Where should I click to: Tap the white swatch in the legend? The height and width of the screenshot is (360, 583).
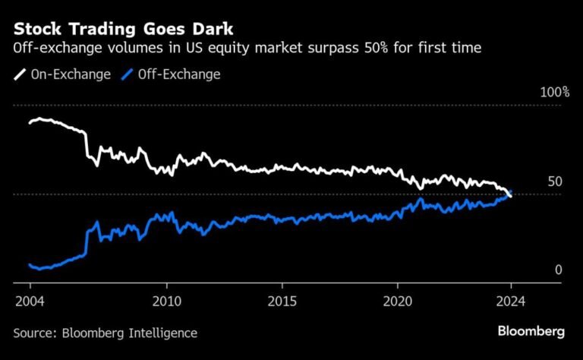(x=20, y=74)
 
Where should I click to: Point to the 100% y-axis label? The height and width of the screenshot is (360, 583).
(x=554, y=93)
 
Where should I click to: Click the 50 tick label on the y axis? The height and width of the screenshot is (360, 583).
(x=554, y=182)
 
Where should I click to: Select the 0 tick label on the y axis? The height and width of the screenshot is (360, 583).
(x=558, y=270)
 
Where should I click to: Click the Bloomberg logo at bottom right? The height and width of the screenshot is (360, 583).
(x=531, y=331)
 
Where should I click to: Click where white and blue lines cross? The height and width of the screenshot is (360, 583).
(x=509, y=195)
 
